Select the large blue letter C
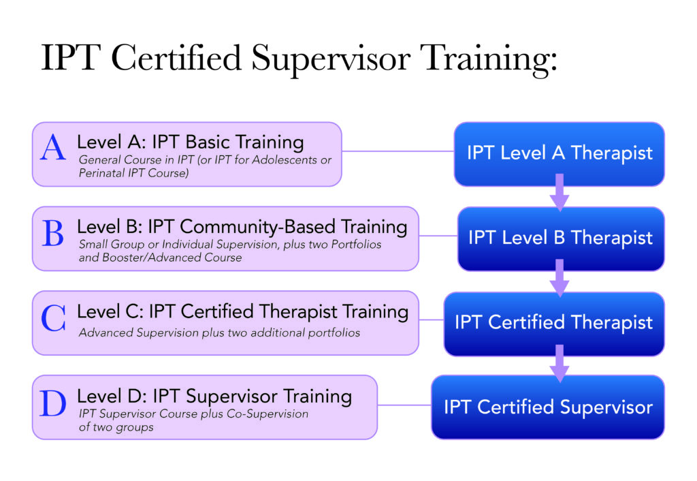54,319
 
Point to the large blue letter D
54,403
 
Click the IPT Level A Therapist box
559,153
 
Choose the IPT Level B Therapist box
560,238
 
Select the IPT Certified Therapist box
553,323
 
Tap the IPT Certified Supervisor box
547,407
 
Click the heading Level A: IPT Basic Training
190,142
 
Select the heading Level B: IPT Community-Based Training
242,227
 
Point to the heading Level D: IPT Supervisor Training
214,396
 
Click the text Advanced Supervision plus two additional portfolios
219,333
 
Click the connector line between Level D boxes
404,405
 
